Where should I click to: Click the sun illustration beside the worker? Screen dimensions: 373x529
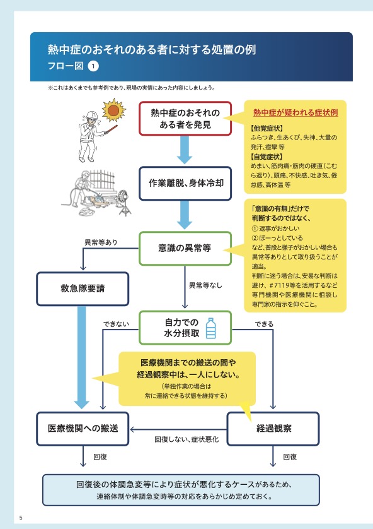pyautogui.click(x=113, y=110)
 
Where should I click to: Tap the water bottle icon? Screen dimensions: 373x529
pyautogui.click(x=210, y=328)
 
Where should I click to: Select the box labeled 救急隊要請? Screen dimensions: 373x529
pyautogui.click(x=83, y=288)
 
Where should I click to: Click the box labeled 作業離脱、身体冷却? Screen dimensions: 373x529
pyautogui.click(x=185, y=183)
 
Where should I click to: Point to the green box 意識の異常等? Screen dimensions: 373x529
pyautogui.click(x=185, y=248)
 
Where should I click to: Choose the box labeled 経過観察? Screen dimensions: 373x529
pyautogui.click(x=273, y=429)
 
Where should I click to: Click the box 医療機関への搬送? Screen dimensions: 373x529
pyautogui.click(x=83, y=429)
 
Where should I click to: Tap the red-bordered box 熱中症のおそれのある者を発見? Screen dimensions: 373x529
pyautogui.click(x=185, y=119)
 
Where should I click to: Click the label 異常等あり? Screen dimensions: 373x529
pyautogui.click(x=101, y=242)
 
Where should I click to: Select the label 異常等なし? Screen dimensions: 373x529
pyautogui.click(x=205, y=285)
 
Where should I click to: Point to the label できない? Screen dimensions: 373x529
pyautogui.click(x=116, y=324)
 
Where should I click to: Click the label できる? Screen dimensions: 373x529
pyautogui.click(x=264, y=324)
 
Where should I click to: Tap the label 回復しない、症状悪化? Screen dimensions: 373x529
pyautogui.click(x=186, y=439)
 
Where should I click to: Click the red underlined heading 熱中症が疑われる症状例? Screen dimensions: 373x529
pyautogui.click(x=296, y=113)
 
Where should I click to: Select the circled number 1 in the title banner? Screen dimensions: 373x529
pyautogui.click(x=93, y=66)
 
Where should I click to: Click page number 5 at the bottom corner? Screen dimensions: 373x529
pyautogui.click(x=21, y=518)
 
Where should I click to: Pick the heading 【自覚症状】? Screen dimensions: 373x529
pyautogui.click(x=267, y=157)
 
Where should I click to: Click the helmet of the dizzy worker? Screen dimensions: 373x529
pyautogui.click(x=91, y=115)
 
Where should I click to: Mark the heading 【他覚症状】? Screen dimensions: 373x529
pyautogui.click(x=267, y=128)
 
